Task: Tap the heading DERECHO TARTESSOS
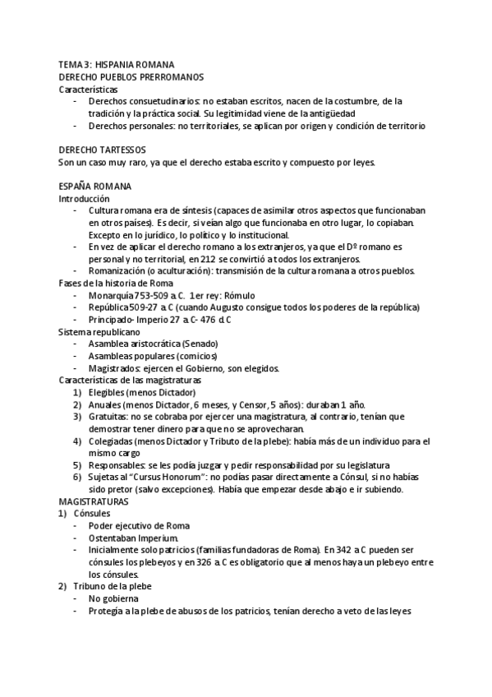(x=103, y=150)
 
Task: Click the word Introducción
(x=84, y=199)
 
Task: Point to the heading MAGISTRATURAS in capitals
(x=93, y=501)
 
